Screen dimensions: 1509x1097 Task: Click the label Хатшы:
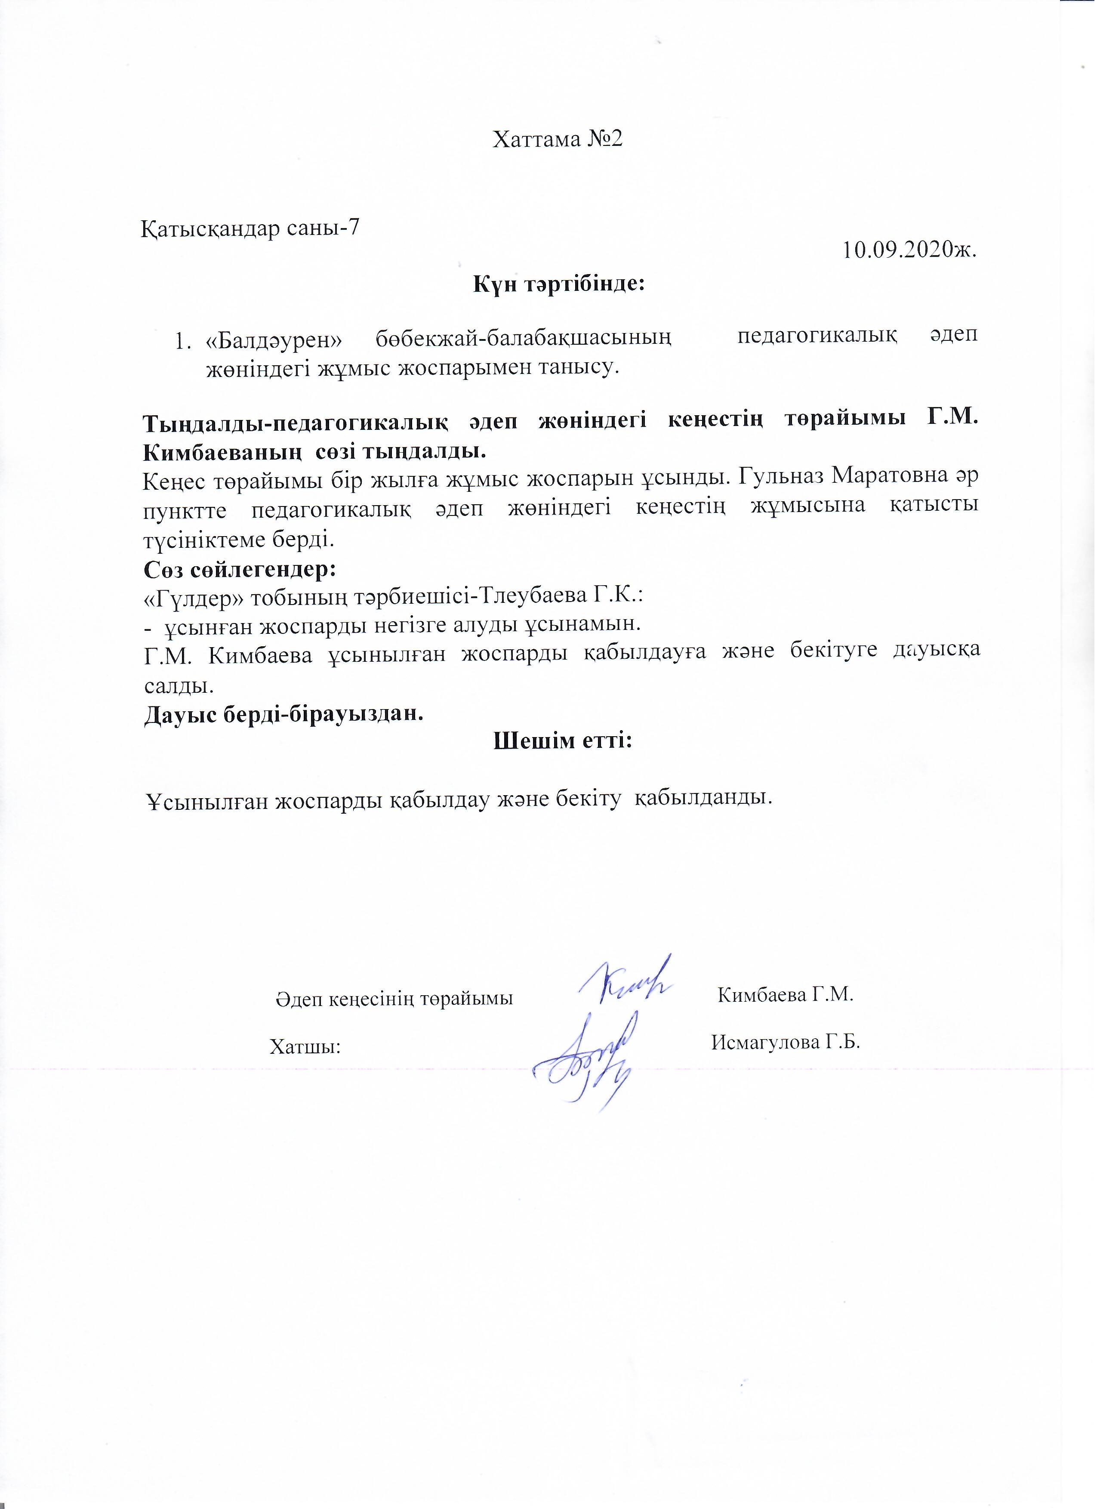coord(305,1046)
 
